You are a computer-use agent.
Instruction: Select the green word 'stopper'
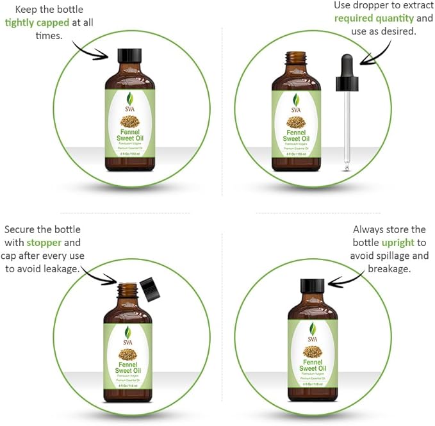[x=44, y=243]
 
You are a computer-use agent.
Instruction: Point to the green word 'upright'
[x=398, y=243]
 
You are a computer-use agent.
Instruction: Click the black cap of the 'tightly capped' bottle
[x=130, y=56]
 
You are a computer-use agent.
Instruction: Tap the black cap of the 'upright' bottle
[x=313, y=286]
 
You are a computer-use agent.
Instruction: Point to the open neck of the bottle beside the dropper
[x=296, y=60]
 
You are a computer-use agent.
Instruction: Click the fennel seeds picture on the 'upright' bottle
[x=313, y=350]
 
